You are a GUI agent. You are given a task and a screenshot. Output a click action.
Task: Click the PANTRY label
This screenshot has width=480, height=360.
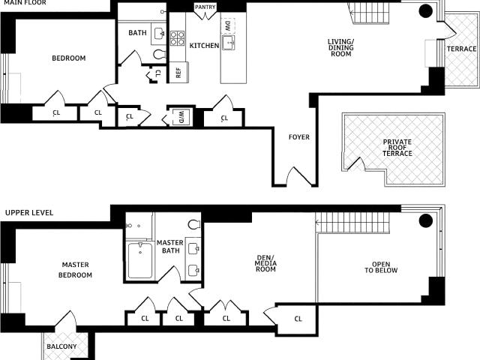click(205, 7)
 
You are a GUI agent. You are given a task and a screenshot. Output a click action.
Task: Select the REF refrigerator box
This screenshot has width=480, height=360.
click(178, 72)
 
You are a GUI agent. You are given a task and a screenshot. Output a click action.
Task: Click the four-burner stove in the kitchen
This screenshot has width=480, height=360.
click(177, 38)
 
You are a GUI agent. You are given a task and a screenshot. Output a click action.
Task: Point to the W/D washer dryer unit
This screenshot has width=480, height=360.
click(181, 117)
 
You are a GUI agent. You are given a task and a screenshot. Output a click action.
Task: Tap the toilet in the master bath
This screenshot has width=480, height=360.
click(194, 225)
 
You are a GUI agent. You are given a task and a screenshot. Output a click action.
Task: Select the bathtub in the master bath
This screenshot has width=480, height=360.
click(140, 260)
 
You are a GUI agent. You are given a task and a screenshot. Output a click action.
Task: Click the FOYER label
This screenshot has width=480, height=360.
click(299, 136)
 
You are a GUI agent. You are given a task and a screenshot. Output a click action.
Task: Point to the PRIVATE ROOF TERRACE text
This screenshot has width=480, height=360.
click(397, 148)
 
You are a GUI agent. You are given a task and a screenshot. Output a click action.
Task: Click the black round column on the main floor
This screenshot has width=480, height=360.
click(425, 11)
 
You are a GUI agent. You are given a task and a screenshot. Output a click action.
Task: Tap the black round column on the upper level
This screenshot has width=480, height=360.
click(425, 220)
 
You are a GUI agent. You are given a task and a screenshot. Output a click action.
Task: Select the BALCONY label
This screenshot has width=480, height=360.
click(61, 346)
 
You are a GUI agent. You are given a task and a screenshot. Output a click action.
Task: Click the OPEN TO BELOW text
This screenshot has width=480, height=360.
click(381, 267)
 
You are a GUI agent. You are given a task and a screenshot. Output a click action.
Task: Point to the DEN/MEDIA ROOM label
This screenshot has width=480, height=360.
click(265, 263)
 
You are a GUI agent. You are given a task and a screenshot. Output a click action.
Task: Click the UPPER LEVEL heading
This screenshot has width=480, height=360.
click(29, 212)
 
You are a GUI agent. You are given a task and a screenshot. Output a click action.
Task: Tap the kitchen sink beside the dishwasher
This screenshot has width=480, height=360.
click(228, 43)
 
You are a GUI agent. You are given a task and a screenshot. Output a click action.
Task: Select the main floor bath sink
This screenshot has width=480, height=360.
click(158, 34)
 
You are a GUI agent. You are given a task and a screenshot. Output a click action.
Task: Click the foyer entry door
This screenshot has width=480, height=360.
click(299, 177)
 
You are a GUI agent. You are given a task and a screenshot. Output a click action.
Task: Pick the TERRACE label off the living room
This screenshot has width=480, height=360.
click(462, 49)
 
